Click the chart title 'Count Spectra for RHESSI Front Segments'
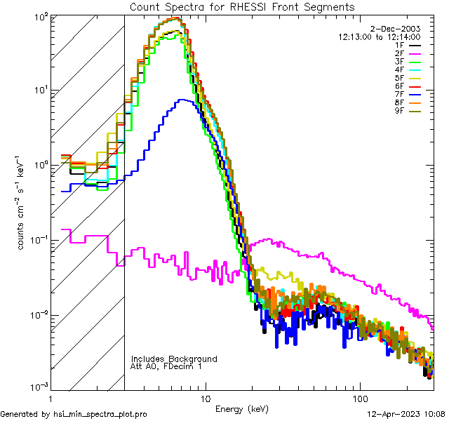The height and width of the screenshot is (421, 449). [242, 6]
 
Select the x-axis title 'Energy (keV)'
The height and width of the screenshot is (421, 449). [241, 408]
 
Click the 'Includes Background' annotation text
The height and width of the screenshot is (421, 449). [173, 359]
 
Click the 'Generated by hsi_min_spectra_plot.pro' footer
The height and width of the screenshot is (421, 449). [74, 414]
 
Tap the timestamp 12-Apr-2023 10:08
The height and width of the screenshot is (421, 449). [406, 414]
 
